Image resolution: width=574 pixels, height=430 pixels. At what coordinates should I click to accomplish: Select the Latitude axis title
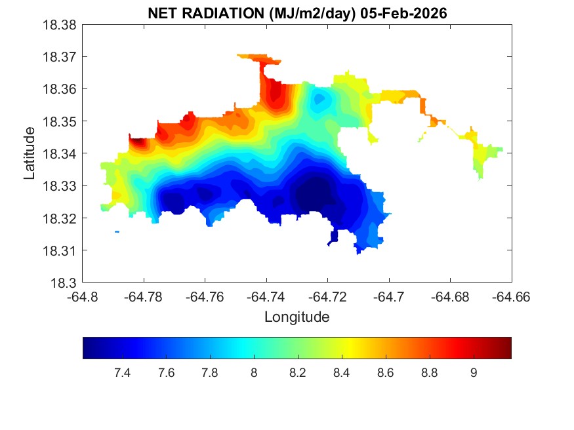[x=30, y=153]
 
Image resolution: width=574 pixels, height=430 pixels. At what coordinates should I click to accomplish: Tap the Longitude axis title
[x=297, y=317]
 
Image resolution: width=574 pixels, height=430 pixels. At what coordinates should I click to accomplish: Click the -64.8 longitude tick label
[x=83, y=297]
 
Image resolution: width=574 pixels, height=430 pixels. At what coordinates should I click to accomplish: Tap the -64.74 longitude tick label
[x=266, y=297]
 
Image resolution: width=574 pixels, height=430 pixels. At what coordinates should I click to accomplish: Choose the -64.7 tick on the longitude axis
[x=389, y=297]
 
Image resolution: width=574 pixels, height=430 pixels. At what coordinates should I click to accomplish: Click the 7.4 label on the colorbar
[x=122, y=373]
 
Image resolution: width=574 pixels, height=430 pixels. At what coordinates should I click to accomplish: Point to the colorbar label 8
[x=254, y=373]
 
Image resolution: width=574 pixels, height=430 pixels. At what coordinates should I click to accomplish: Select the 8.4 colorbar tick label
[x=342, y=373]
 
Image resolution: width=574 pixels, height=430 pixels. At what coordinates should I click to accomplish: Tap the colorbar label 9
[x=474, y=373]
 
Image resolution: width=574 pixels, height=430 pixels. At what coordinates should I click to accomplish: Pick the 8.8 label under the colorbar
[x=430, y=373]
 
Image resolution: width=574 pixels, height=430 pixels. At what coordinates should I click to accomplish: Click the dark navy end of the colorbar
[x=88, y=348]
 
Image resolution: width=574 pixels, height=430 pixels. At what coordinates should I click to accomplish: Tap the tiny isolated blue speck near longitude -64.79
[x=117, y=231]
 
